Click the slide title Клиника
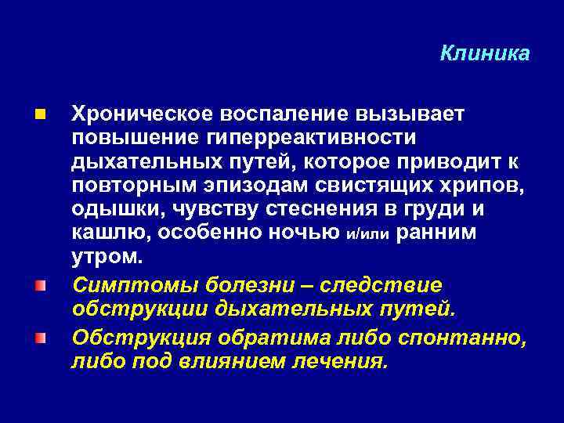pos(485,53)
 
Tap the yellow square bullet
pos(40,115)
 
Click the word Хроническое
pos(138,114)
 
